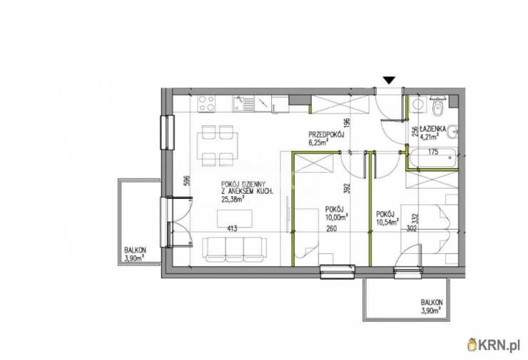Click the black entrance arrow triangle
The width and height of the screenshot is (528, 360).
[x=389, y=80]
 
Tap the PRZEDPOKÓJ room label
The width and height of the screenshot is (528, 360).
[x=325, y=135]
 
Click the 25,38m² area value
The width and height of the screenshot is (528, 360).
[x=233, y=199]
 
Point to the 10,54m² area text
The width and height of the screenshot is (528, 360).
[x=387, y=221]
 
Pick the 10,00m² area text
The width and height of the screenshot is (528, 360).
[x=337, y=217]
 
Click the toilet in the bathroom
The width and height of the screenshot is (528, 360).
[x=438, y=106]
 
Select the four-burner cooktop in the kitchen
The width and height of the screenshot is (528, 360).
[x=206, y=103]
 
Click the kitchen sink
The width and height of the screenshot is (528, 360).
[x=243, y=103]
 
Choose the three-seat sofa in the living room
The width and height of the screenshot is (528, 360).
[x=234, y=250]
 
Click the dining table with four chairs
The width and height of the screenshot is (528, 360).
[x=218, y=145]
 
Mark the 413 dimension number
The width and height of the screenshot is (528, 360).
[x=233, y=229]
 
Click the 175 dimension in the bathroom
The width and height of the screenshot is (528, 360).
[x=433, y=152]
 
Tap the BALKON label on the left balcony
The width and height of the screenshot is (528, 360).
[x=135, y=250]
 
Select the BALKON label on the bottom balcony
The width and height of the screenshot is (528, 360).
[x=432, y=302]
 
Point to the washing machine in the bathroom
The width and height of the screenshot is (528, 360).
[x=418, y=103]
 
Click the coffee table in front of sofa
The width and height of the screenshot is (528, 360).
[x=235, y=218]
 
